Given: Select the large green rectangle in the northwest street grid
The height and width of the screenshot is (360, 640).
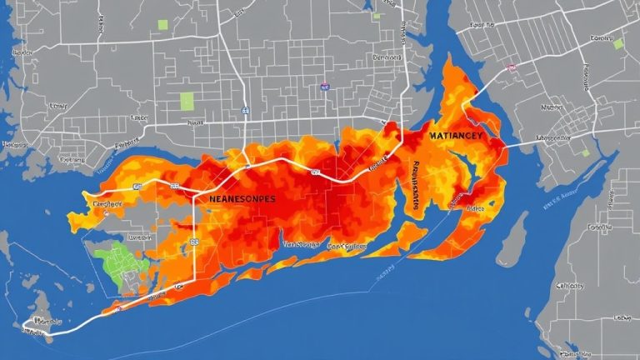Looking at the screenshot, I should pyautogui.click(x=187, y=101).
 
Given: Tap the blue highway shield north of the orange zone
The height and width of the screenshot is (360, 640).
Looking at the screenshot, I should pyautogui.click(x=244, y=109).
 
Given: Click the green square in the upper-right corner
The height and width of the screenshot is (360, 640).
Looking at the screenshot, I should pyautogui.click(x=618, y=43).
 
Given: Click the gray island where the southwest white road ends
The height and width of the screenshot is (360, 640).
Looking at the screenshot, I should pyautogui.click(x=37, y=326).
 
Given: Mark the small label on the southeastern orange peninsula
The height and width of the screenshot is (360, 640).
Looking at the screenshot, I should pyautogui.click(x=475, y=210).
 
